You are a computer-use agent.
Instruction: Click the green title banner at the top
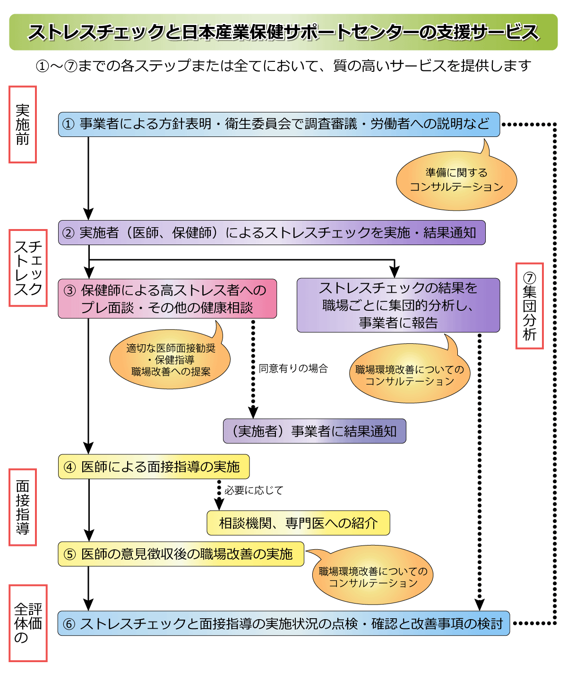283,32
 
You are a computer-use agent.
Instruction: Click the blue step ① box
279,124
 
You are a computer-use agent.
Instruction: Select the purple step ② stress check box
272,232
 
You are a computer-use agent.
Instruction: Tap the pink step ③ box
167,298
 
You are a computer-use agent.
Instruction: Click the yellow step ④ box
154,467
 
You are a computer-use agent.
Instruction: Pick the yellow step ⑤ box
181,554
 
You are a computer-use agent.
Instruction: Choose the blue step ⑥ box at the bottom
283,623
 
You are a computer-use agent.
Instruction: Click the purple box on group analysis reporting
398,305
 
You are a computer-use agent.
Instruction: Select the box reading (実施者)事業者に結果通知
314,431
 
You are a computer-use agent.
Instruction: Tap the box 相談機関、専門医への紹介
298,523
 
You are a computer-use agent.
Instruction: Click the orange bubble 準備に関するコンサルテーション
456,180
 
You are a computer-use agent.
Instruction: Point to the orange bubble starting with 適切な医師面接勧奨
170,360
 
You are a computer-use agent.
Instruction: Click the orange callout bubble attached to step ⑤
373,577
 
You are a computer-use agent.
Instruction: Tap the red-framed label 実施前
23,125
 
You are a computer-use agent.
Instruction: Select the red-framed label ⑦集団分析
529,306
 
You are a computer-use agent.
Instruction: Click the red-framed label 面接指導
23,507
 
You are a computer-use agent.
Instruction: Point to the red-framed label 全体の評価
28,623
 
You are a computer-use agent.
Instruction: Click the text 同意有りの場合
293,368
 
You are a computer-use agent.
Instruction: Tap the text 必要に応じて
254,490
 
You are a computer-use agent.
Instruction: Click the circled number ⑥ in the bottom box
69,624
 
